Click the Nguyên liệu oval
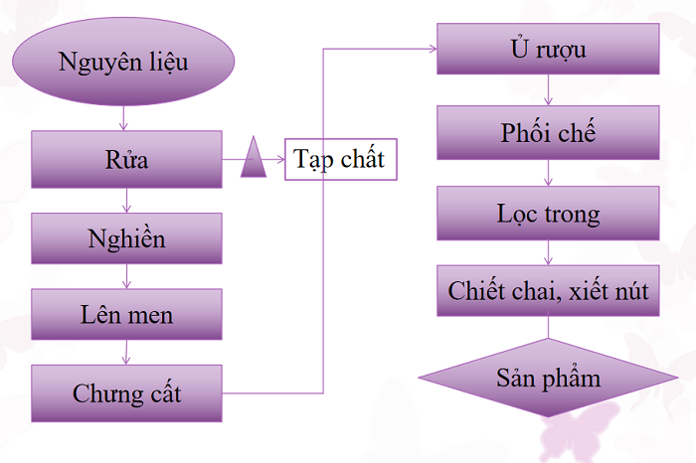123,64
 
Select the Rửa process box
126,159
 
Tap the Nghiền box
126,238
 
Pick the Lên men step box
126,315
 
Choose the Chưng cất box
126,392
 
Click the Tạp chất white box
341,159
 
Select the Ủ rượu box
548,49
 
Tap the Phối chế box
548,132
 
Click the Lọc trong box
548,214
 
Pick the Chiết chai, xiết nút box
548,291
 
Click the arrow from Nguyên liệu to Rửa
123,119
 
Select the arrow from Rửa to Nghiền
126,200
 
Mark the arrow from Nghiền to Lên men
126,276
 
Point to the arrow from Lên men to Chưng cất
126,353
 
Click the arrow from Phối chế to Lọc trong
548,172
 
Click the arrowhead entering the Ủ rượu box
431,48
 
